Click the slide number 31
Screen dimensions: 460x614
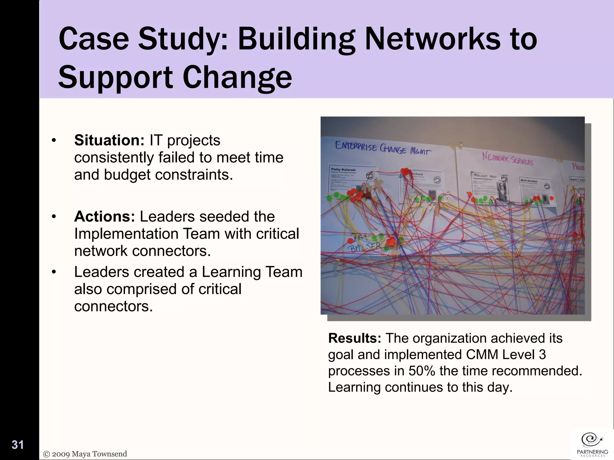pyautogui.click(x=18, y=445)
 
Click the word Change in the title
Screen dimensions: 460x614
pyautogui.click(x=237, y=77)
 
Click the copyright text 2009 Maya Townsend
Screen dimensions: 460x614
pyautogui.click(x=85, y=454)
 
